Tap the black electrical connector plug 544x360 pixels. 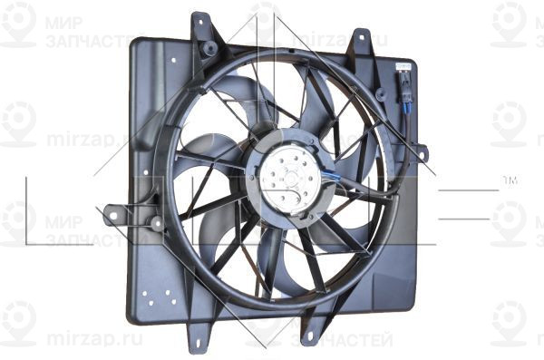(404, 91)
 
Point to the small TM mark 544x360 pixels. (510, 183)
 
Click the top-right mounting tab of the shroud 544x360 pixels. (361, 40)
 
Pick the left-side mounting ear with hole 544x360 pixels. (113, 215)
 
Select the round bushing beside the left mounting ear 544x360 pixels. (156, 222)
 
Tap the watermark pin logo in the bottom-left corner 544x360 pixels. (18, 319)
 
